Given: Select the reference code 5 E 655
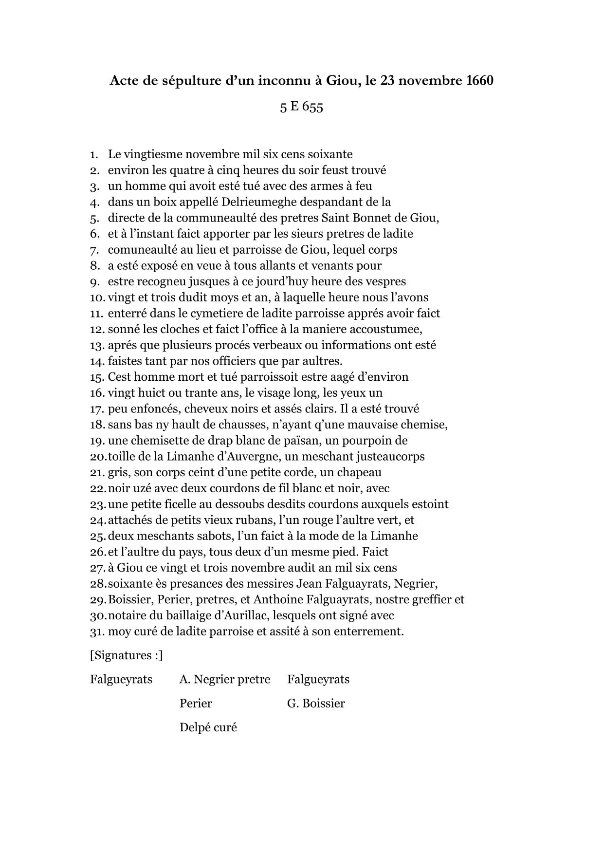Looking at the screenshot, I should [x=301, y=107].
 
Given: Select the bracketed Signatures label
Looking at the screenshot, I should [x=126, y=655].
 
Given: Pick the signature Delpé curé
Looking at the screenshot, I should [x=208, y=727].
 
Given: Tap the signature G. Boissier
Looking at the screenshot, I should [x=316, y=703].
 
